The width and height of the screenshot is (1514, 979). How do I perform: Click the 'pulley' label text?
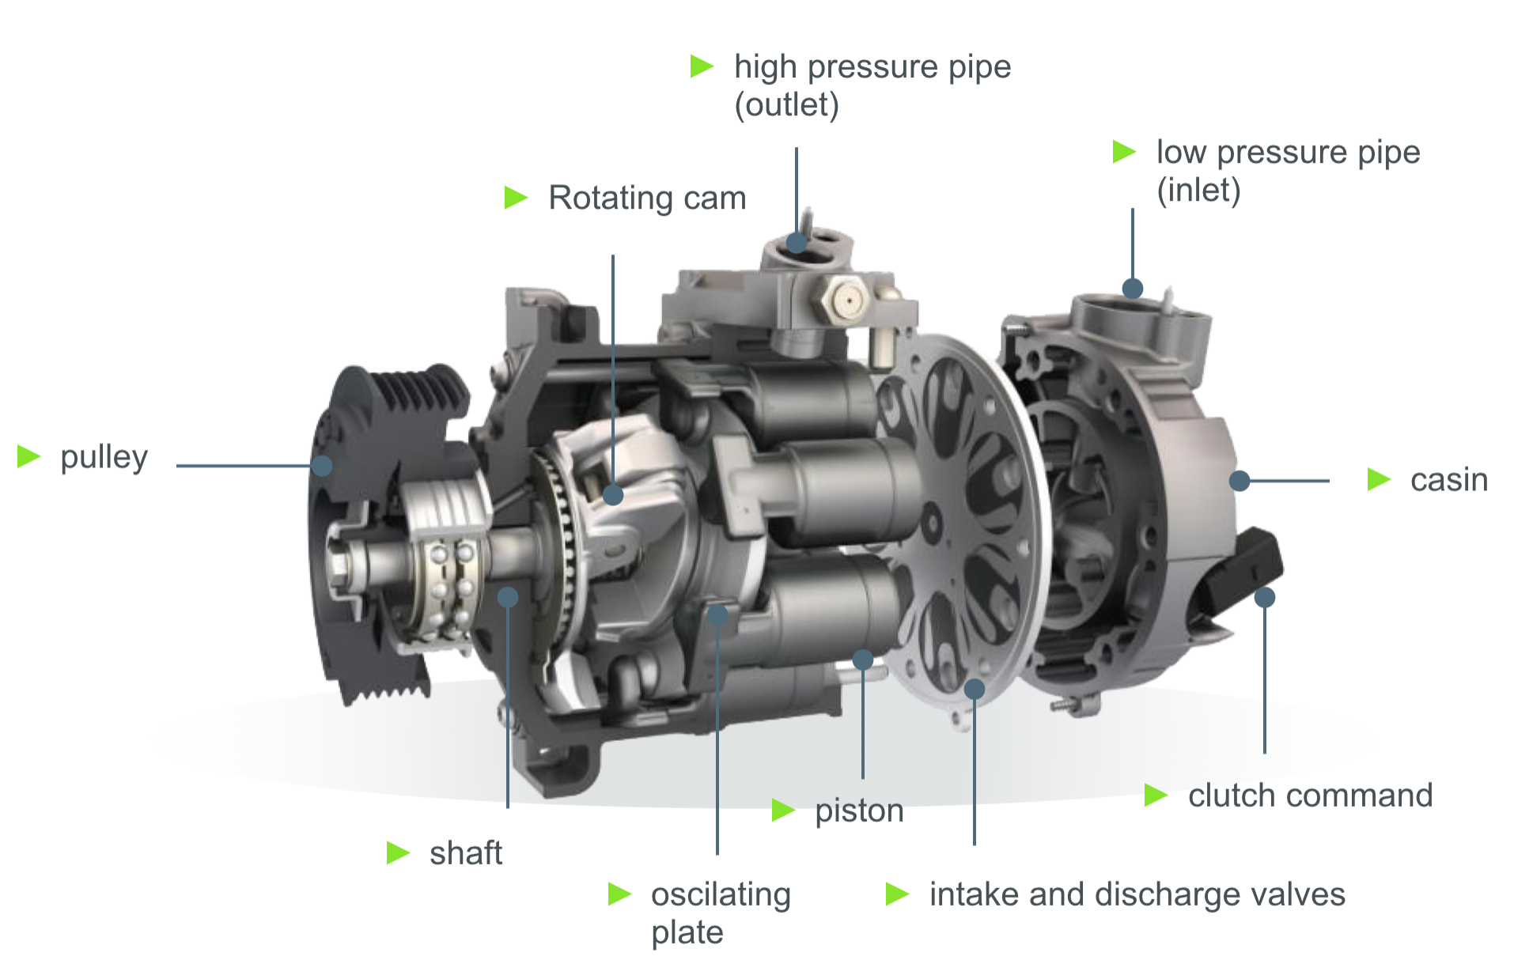104,458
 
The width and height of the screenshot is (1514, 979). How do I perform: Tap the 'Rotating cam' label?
647,198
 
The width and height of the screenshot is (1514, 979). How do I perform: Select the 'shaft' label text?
466,853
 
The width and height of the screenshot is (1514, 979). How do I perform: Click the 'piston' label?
859,811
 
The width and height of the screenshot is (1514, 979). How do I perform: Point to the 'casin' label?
1449,480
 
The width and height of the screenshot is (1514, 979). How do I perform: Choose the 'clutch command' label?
1310,796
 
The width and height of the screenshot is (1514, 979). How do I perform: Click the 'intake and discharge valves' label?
1137,894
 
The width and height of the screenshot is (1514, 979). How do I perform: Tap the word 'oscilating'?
721,894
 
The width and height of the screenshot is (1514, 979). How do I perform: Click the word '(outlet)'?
787,105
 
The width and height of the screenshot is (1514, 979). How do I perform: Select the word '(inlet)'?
1198,191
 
